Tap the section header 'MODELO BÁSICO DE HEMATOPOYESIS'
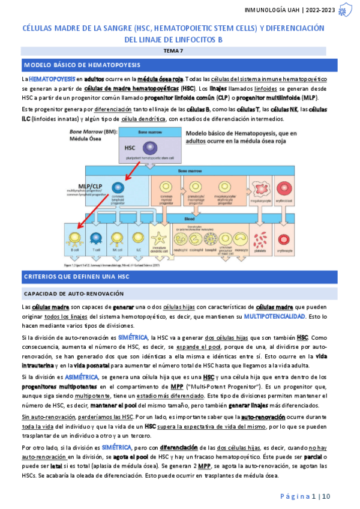pyautogui.click(x=82, y=64)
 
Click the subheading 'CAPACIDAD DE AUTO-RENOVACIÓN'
pyautogui.click(x=73, y=294)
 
